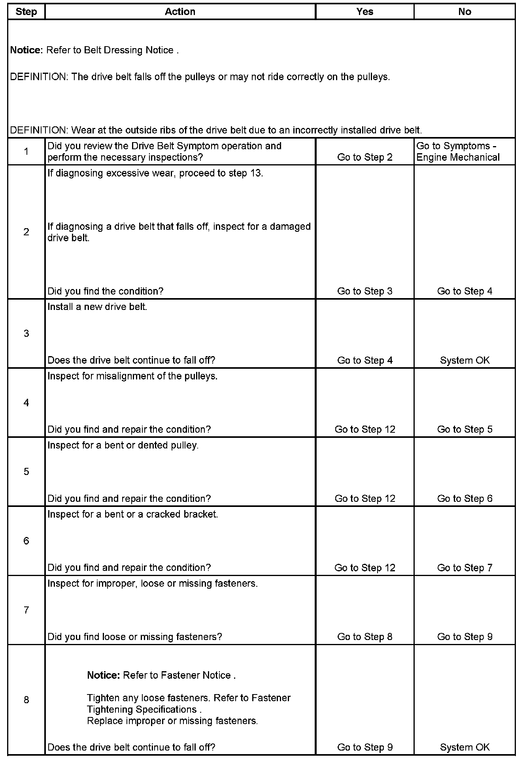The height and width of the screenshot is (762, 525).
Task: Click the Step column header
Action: click(x=26, y=12)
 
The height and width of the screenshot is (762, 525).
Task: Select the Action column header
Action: click(x=180, y=12)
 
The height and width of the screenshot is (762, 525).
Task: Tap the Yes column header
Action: click(x=364, y=12)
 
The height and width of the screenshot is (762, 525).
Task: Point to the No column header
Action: click(x=465, y=12)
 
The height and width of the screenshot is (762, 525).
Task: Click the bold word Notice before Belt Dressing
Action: click(x=26, y=50)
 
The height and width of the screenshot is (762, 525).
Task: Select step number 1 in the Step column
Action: click(x=26, y=151)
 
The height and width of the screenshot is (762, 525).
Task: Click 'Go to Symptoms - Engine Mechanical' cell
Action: click(x=458, y=152)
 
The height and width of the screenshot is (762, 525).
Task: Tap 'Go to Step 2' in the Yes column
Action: click(x=364, y=157)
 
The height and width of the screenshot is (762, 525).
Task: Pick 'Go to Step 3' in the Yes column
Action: click(x=364, y=291)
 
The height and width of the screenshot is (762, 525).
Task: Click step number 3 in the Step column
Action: click(x=26, y=334)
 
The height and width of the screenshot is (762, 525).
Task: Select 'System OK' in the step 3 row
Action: click(x=465, y=360)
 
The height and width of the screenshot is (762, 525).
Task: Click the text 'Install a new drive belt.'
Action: click(x=97, y=307)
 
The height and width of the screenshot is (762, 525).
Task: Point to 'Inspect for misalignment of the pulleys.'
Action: click(x=132, y=376)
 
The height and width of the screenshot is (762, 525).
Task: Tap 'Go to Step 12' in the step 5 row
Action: click(x=364, y=499)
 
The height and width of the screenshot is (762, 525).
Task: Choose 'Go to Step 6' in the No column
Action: click(x=465, y=499)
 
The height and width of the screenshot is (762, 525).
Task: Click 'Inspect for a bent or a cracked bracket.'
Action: click(x=132, y=514)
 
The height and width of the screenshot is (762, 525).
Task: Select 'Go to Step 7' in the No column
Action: click(x=465, y=568)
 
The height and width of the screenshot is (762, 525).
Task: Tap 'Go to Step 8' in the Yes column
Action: click(x=364, y=637)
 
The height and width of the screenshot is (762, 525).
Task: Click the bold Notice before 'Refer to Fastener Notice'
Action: click(x=103, y=675)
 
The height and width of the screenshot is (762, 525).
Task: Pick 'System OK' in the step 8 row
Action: click(x=465, y=747)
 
